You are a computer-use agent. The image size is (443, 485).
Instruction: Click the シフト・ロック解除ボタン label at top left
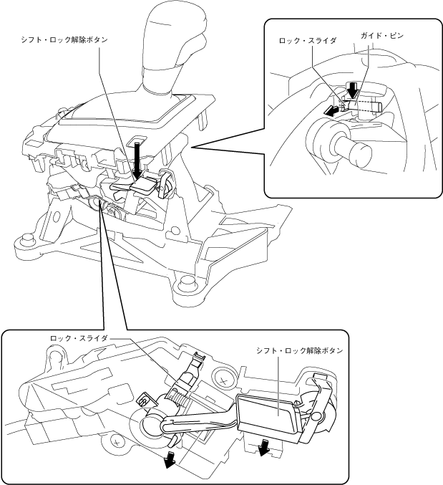pos(64,41)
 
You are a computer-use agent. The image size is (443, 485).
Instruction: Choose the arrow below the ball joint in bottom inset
pos(169,458)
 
